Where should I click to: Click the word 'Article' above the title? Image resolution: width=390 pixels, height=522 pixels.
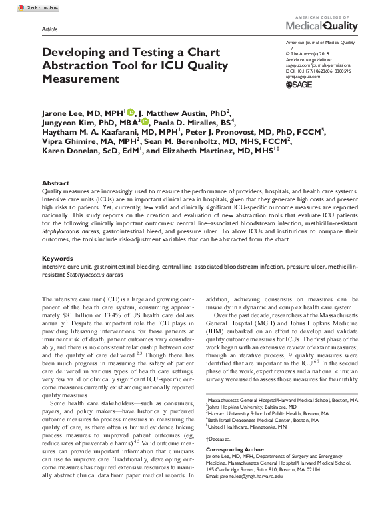50,31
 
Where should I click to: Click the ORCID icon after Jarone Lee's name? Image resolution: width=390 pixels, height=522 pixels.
130,112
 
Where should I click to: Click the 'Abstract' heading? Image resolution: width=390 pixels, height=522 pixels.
55,183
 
